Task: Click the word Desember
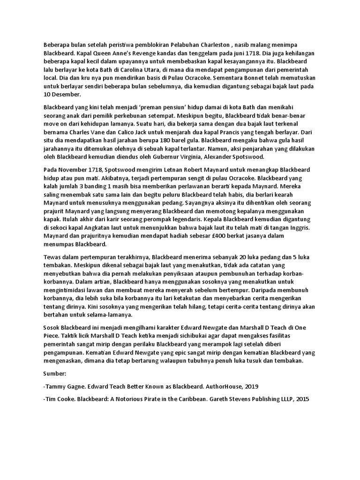[67, 95]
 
